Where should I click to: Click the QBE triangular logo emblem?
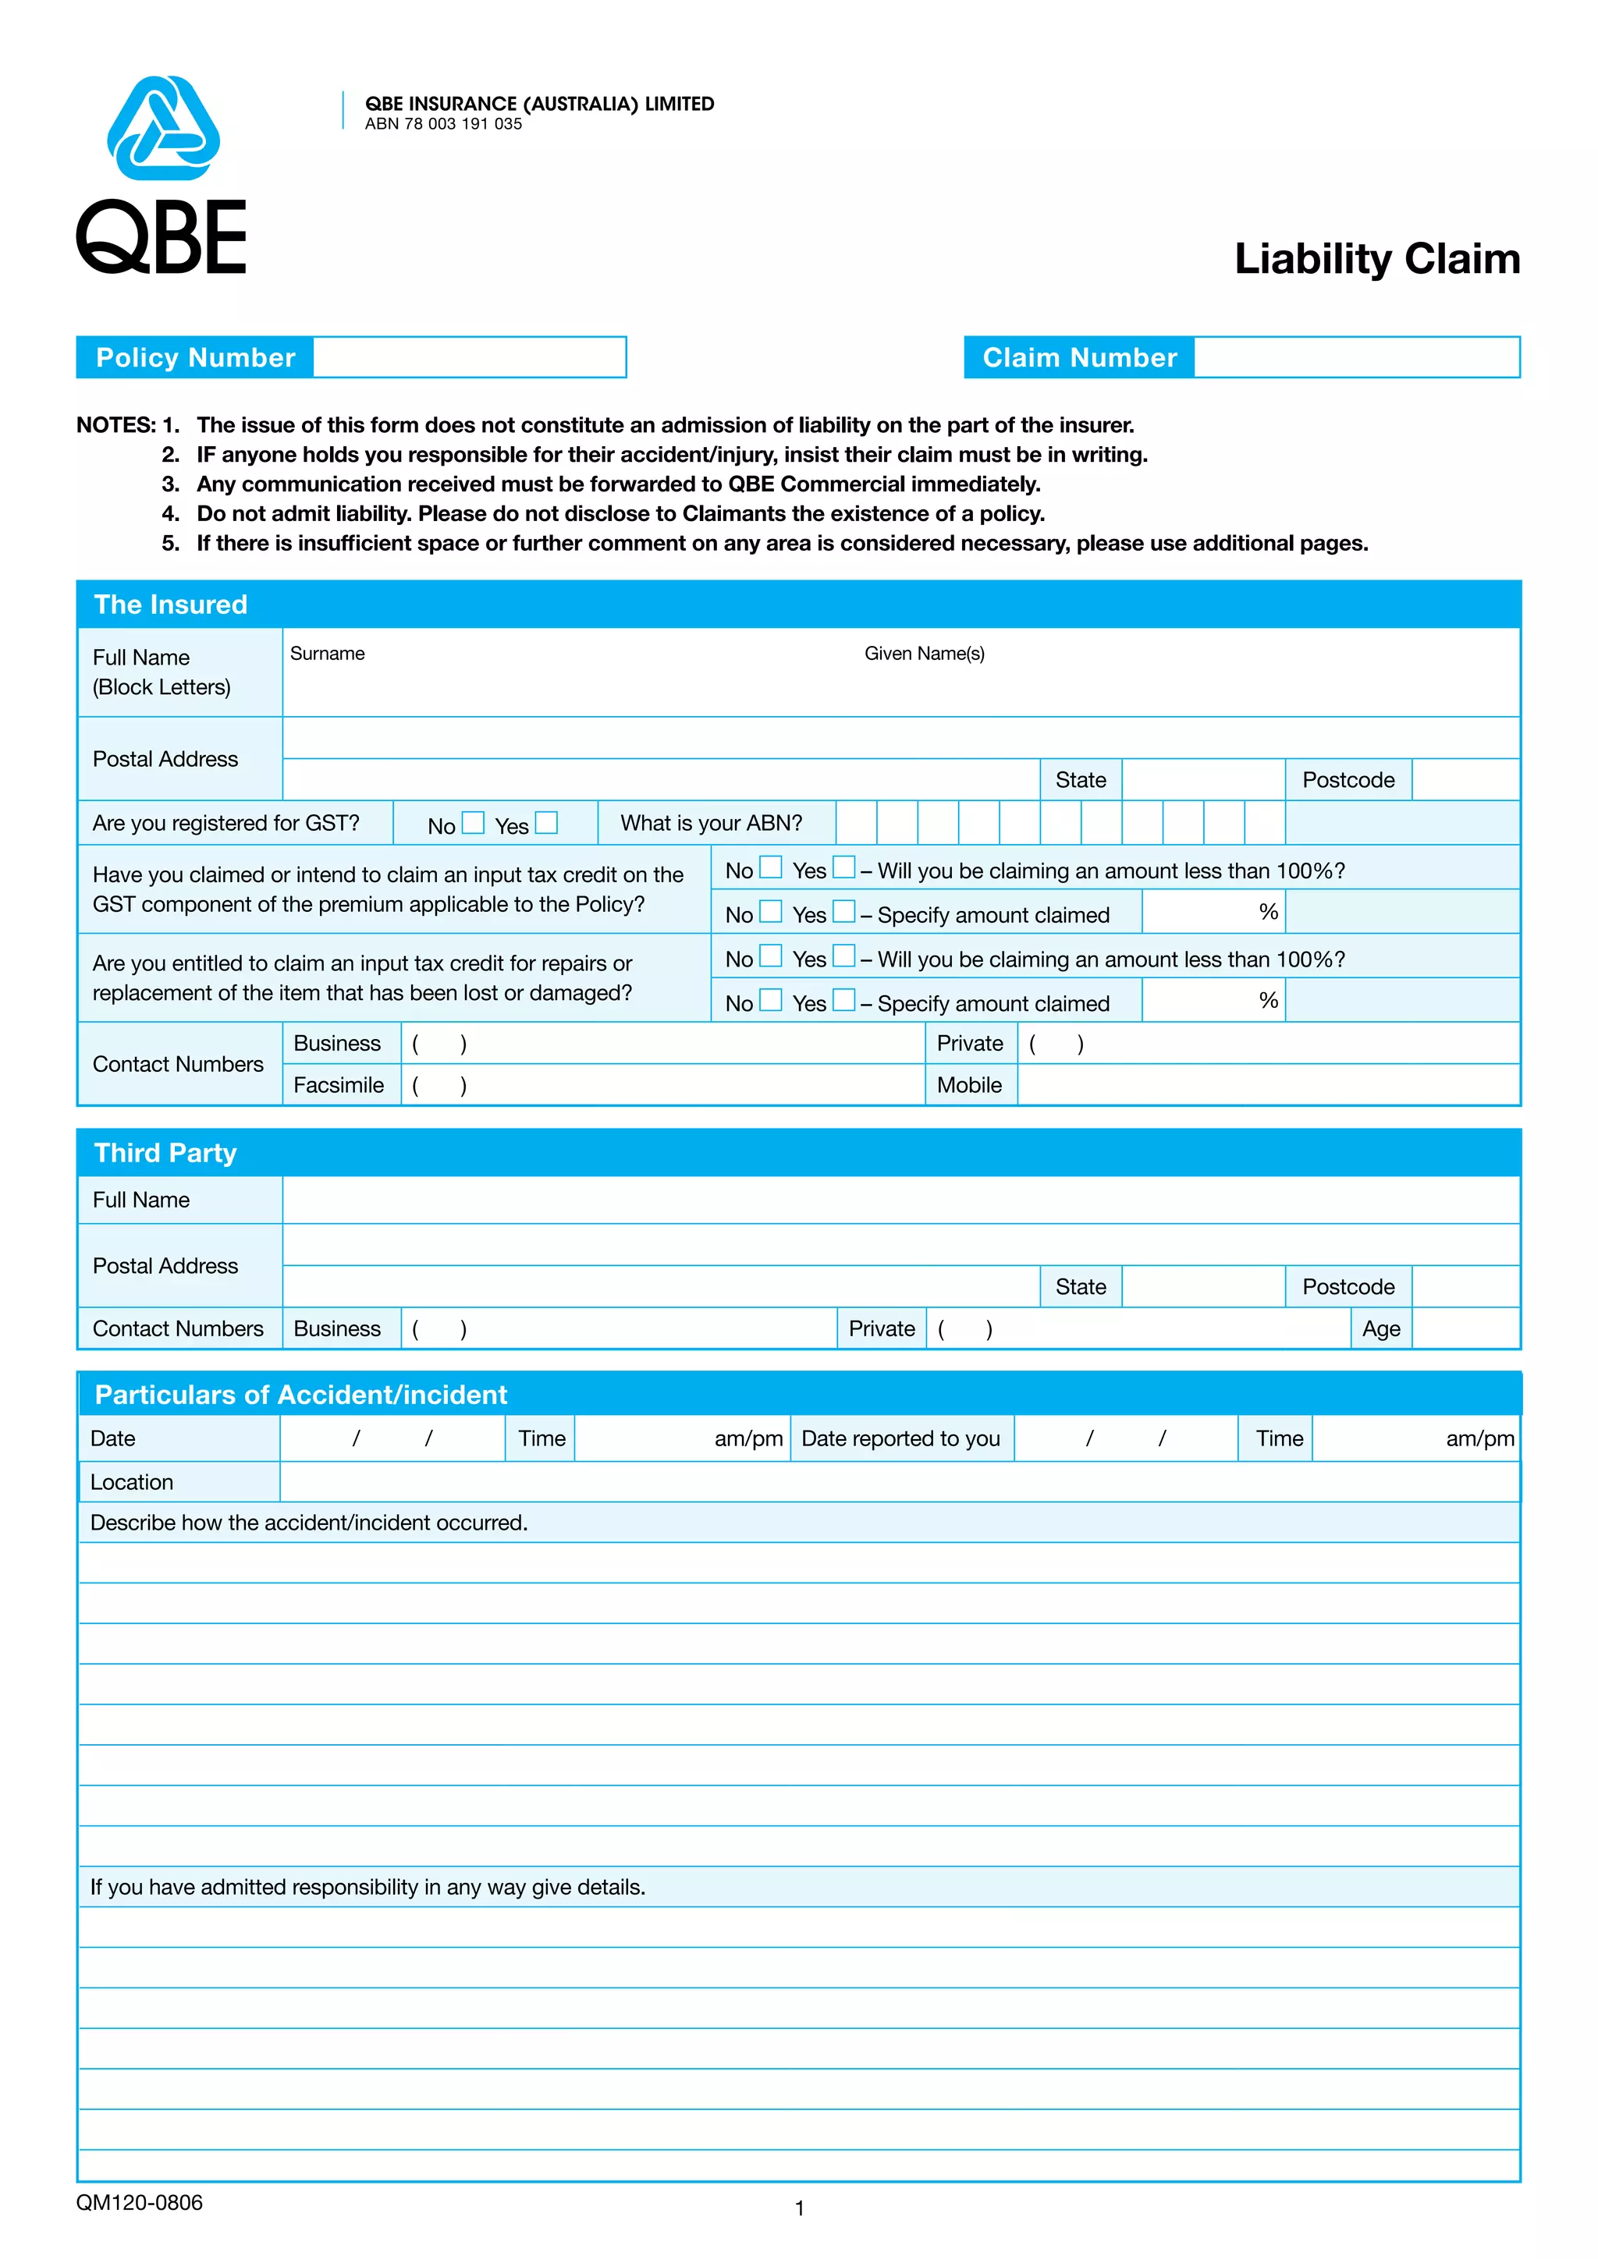(x=163, y=129)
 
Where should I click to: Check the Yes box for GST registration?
(x=547, y=822)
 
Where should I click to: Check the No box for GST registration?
(x=474, y=822)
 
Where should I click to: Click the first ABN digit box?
(x=856, y=822)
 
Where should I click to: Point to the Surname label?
(x=327, y=654)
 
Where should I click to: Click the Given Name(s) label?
(x=924, y=654)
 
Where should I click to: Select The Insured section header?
(x=170, y=604)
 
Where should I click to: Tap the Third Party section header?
(x=165, y=1152)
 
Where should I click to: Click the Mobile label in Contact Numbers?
(x=969, y=1085)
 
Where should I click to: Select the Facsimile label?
(x=339, y=1085)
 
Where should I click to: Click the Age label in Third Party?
(x=1380, y=1329)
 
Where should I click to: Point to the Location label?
(x=132, y=1482)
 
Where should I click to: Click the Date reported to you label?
(x=900, y=1438)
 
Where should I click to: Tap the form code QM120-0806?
(x=140, y=2203)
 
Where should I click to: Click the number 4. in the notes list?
(x=170, y=513)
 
